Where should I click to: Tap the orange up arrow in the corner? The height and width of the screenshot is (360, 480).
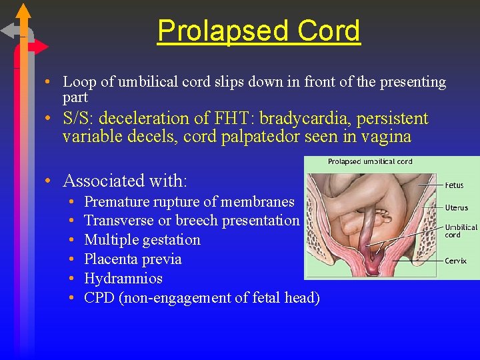coord(23,11)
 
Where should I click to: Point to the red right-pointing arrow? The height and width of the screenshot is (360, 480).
coord(39,47)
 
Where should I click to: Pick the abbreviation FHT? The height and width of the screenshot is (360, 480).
coord(230,119)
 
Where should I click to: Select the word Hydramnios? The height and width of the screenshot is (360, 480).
coord(123,278)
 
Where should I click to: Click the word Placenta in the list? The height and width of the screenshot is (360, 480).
coord(111,259)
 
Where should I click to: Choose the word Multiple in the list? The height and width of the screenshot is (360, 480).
coord(111,239)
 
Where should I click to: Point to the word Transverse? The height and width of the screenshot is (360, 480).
coord(119,220)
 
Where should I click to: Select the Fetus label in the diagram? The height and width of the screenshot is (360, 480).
coord(456,185)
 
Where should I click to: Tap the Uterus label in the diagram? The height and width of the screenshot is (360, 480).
coord(458,208)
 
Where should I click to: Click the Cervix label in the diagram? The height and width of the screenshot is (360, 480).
coord(457,261)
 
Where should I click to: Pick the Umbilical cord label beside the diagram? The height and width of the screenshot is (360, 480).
coord(461,231)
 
